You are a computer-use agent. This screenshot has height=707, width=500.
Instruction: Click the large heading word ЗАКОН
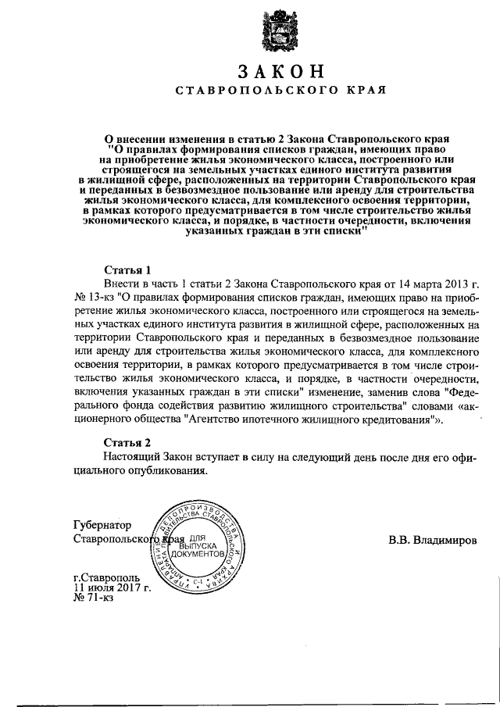(x=280, y=70)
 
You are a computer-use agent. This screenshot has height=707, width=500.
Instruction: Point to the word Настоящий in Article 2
(x=132, y=456)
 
